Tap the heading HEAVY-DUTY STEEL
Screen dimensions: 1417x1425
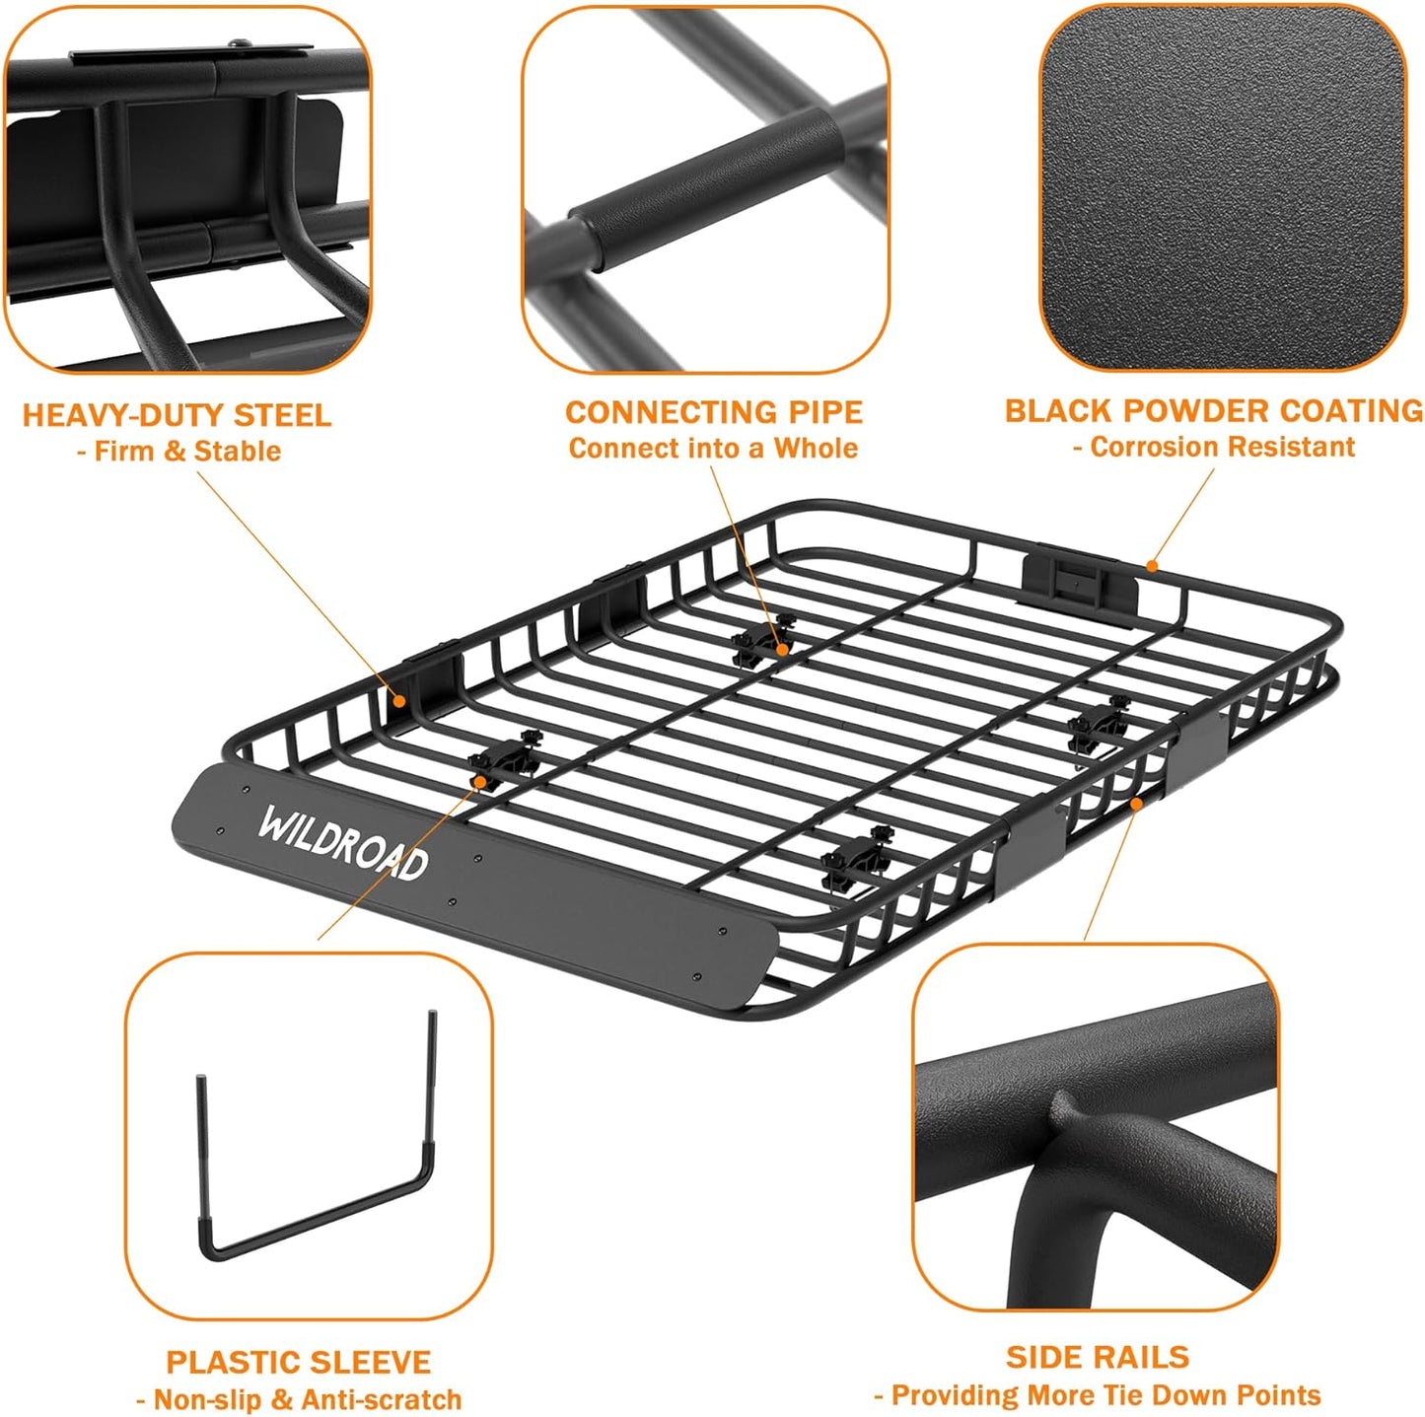click(177, 415)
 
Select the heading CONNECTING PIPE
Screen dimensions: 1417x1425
click(713, 412)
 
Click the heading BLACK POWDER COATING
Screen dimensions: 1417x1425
click(1213, 410)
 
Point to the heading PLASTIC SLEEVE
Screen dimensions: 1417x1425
click(298, 1362)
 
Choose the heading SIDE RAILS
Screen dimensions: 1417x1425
click(1097, 1357)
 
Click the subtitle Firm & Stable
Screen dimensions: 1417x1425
click(186, 452)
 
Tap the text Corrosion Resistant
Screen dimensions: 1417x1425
click(1222, 447)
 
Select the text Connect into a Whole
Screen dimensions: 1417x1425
click(713, 449)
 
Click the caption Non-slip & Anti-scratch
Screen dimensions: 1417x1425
click(308, 1399)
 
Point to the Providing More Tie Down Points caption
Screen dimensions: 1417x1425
click(1104, 1395)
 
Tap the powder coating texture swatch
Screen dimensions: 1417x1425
click(1222, 187)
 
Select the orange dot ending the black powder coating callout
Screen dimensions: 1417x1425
click(1151, 567)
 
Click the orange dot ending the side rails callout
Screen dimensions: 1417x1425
click(1136, 805)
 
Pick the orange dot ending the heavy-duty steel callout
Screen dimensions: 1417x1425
click(398, 702)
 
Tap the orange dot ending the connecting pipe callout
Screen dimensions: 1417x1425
click(782, 649)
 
